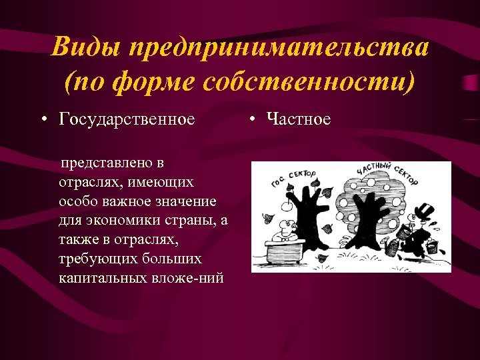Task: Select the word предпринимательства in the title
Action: (279, 49)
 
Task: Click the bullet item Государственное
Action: (127, 119)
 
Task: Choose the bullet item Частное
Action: (298, 119)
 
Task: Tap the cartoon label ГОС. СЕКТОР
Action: (293, 177)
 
